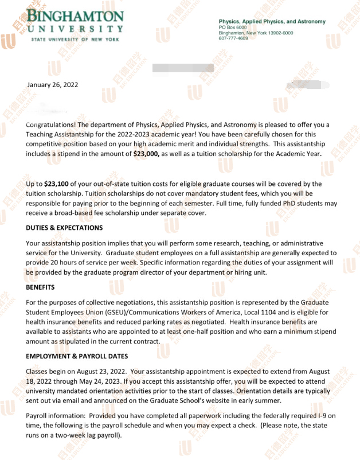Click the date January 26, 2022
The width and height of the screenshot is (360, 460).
click(53, 85)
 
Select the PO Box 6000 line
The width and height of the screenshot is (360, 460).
click(232, 27)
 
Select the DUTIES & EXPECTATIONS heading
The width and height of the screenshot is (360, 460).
click(64, 228)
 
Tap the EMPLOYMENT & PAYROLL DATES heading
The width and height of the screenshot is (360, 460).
click(76, 356)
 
